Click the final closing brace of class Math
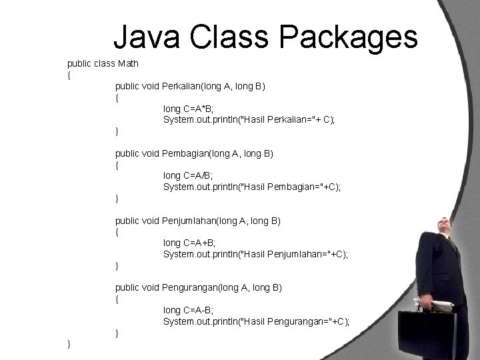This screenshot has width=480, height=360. coord(70,343)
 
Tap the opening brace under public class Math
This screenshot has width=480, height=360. coord(70,75)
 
